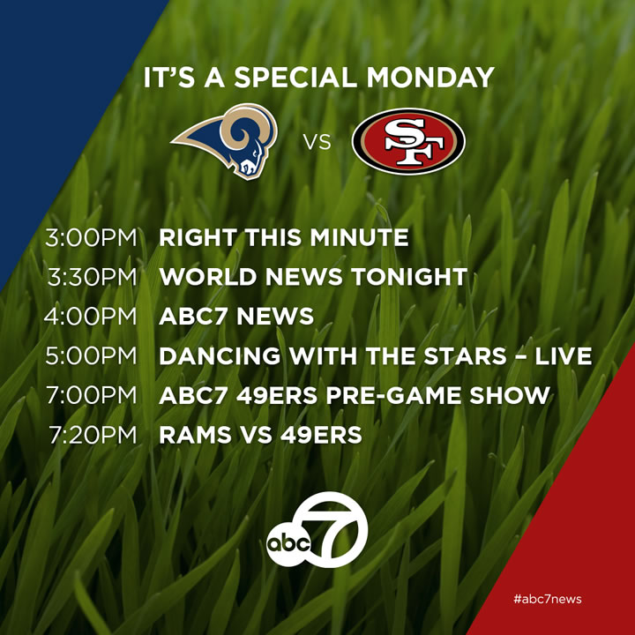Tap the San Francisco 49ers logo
click(x=408, y=141)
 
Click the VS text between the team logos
click(x=317, y=143)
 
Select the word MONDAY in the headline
click(x=430, y=78)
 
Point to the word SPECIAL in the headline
click(x=295, y=78)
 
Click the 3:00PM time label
click(x=91, y=237)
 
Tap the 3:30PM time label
click(x=93, y=277)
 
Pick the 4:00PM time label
click(x=91, y=317)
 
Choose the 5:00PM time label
click(x=91, y=356)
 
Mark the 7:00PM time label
click(x=92, y=395)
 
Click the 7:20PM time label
click(x=93, y=435)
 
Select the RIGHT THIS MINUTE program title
click(x=284, y=237)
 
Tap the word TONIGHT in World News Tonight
click(x=409, y=277)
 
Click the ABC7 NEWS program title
click(x=236, y=317)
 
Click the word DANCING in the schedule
click(x=220, y=356)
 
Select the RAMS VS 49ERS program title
click(x=260, y=435)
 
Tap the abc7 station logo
click(x=317, y=529)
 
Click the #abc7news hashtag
click(x=548, y=599)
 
